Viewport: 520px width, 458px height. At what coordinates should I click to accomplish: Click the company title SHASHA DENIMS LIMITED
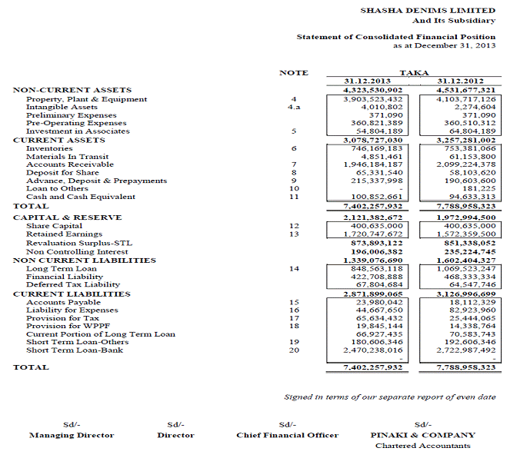tap(428, 11)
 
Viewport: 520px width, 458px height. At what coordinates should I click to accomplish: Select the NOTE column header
tap(293, 72)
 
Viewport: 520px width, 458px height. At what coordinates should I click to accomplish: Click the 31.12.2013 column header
tap(372, 81)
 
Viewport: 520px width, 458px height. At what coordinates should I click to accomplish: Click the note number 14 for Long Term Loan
tap(293, 269)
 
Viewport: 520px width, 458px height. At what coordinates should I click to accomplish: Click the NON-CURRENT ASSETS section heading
tap(72, 90)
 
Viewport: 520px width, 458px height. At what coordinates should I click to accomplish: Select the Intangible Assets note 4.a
tap(293, 107)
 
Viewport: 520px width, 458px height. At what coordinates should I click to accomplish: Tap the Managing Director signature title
tap(72, 435)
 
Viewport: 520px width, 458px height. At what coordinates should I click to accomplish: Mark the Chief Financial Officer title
tap(287, 435)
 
